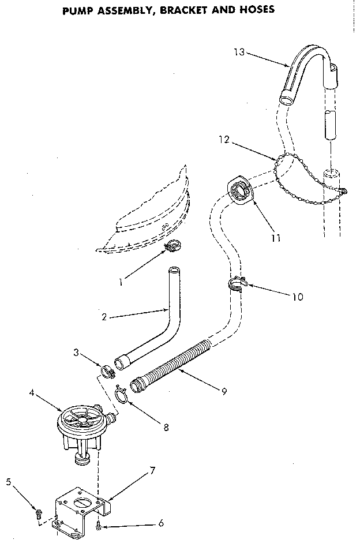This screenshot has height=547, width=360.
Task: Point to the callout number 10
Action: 297,297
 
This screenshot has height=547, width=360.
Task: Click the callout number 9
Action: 224,391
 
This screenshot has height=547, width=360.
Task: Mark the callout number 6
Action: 160,523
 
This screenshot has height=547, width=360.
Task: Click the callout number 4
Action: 31,394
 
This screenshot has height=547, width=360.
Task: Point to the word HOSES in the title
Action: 254,10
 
